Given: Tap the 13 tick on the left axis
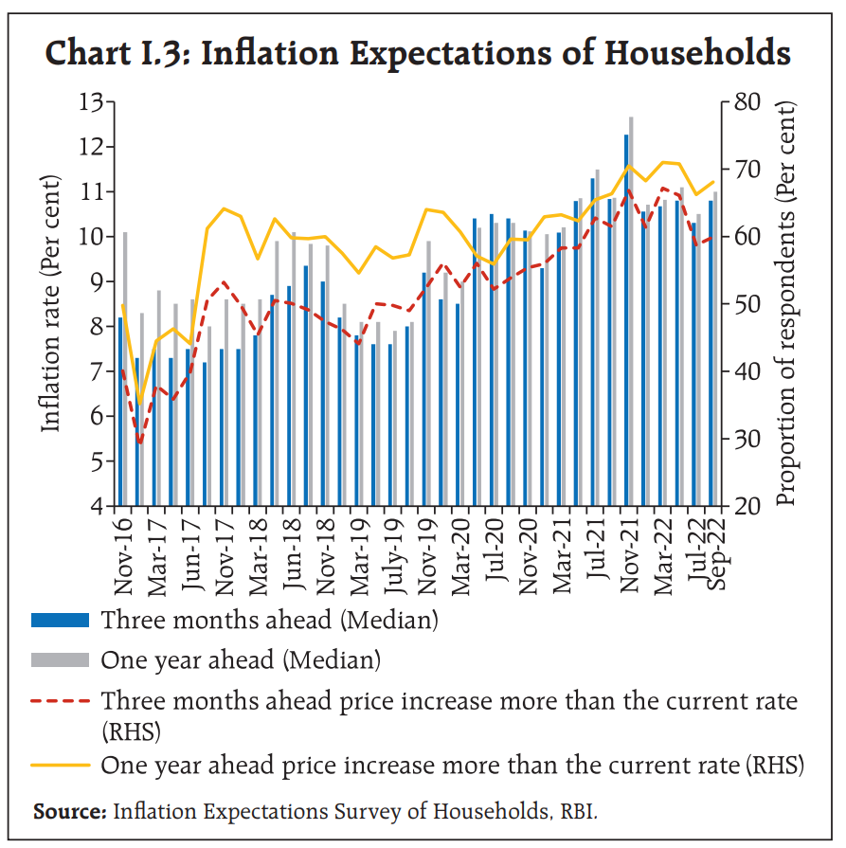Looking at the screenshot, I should pyautogui.click(x=94, y=101).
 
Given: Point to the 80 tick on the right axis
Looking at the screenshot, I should pyautogui.click(x=745, y=101).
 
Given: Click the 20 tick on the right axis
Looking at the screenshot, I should pyautogui.click(x=745, y=506).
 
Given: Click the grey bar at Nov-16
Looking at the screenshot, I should pyautogui.click(x=125, y=370).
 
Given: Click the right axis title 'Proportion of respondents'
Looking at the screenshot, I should pyautogui.click(x=785, y=303).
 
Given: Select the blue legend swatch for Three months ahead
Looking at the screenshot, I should pyautogui.click(x=61, y=621).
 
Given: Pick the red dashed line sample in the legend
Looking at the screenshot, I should pyautogui.click(x=61, y=701).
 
